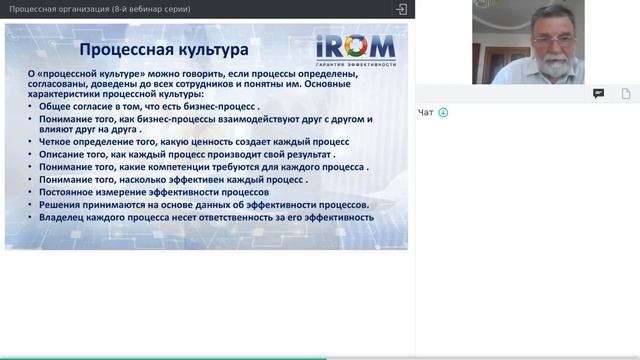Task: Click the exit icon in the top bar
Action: click(x=402, y=9)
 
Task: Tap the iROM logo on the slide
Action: click(x=355, y=46)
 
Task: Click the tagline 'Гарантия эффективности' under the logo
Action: click(x=355, y=63)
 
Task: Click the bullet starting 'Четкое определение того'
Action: click(x=186, y=142)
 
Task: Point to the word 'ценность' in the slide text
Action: click(x=206, y=142)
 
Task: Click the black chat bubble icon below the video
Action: click(x=598, y=93)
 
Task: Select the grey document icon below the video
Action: click(x=626, y=93)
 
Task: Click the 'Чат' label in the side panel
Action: click(x=426, y=112)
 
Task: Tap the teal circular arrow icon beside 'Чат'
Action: click(x=443, y=112)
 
